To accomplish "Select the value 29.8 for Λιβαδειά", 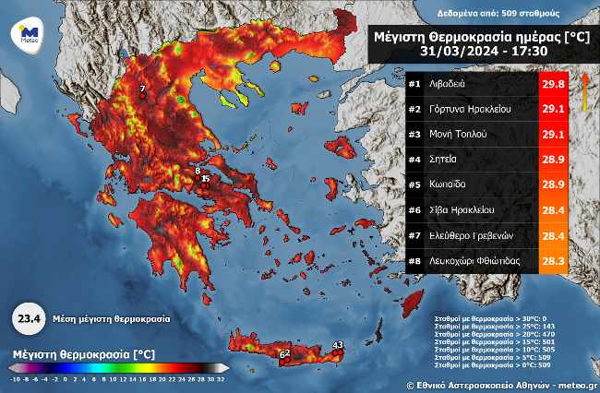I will click(552, 84).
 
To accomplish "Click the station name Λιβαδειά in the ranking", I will click(448, 84).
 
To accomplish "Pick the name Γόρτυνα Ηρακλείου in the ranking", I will click(465, 109).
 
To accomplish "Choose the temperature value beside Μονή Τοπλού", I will click(552, 134).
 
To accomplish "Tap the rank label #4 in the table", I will click(414, 160).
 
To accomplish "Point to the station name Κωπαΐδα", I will click(447, 185).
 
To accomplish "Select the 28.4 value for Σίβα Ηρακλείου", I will click(552, 209).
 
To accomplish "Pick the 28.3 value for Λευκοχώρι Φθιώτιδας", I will click(552, 260).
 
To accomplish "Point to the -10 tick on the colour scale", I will click(14, 378).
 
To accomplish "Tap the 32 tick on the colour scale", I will click(222, 378).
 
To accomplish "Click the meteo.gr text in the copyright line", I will click(576, 384).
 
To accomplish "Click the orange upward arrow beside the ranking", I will click(583, 92).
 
